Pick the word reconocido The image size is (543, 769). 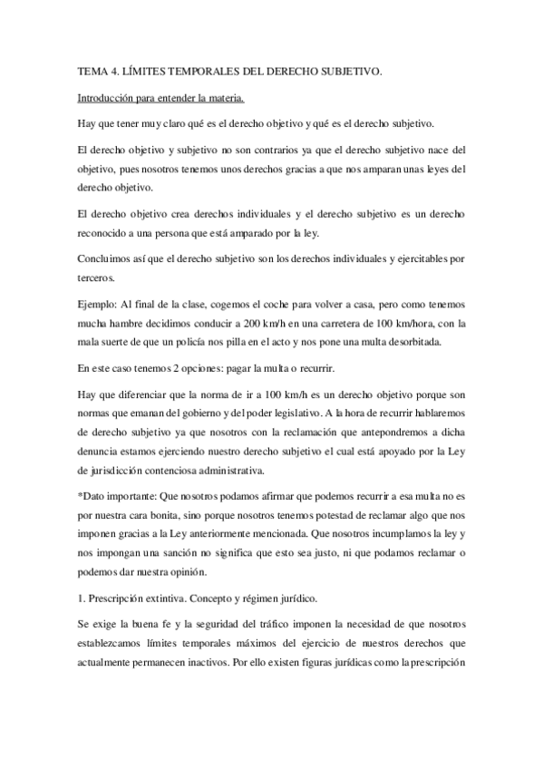(108, 233)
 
